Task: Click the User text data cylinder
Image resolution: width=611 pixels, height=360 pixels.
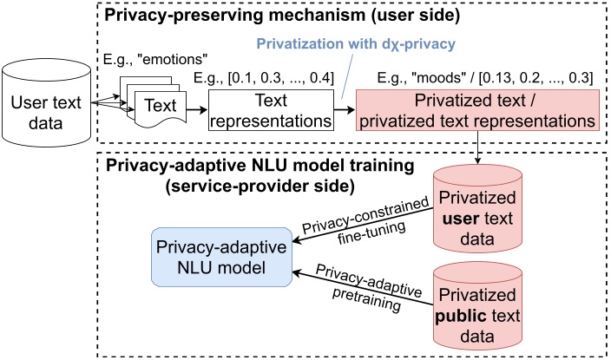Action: click(46, 103)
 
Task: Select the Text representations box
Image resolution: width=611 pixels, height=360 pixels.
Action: click(271, 110)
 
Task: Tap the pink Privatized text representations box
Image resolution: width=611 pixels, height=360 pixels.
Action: click(477, 110)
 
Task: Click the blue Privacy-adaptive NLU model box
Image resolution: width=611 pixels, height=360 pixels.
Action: click(221, 257)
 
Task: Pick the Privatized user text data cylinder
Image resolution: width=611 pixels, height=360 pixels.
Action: click(477, 209)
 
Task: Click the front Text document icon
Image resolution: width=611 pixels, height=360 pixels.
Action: click(161, 108)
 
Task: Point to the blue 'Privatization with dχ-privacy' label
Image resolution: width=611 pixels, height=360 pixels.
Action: click(356, 43)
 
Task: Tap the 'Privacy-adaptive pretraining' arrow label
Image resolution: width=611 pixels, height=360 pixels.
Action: click(368, 287)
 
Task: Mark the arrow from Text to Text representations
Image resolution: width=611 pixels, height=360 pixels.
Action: click(197, 110)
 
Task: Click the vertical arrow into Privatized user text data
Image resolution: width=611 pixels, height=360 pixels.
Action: click(477, 147)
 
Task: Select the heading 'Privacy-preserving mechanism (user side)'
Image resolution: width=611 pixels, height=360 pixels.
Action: click(283, 16)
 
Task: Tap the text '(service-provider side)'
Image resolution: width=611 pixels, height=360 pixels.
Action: click(260, 187)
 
